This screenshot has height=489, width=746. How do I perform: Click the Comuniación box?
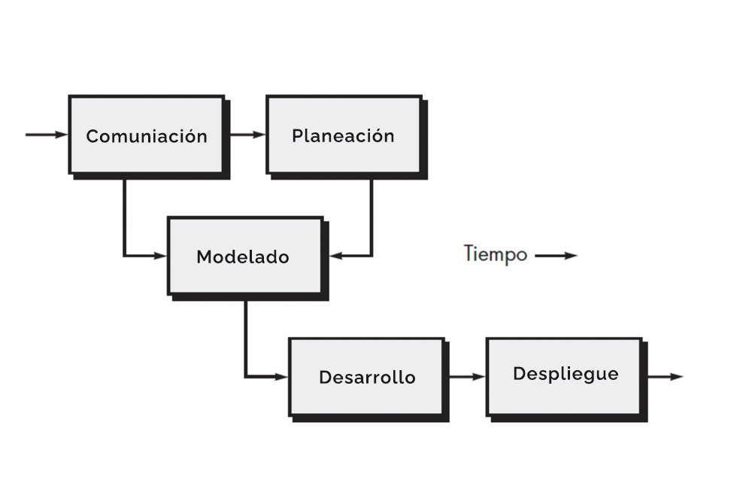point(146,135)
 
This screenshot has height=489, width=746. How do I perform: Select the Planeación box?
point(343,135)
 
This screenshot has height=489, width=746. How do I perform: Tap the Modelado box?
point(244,257)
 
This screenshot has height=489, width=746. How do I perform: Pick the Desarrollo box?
point(366,377)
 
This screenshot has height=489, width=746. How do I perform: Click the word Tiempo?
point(495,254)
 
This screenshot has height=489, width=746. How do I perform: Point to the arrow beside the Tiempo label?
point(556,256)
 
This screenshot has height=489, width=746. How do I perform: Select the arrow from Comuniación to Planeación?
point(246,135)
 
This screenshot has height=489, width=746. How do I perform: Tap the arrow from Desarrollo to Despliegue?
point(466,376)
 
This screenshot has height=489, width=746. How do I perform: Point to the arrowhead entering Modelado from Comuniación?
point(159,256)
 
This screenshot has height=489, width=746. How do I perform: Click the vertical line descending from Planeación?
point(371,214)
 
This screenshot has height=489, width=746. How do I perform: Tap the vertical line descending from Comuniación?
point(124,214)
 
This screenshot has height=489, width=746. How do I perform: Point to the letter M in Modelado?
point(203,257)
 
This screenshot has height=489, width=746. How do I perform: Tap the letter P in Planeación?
point(297,136)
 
